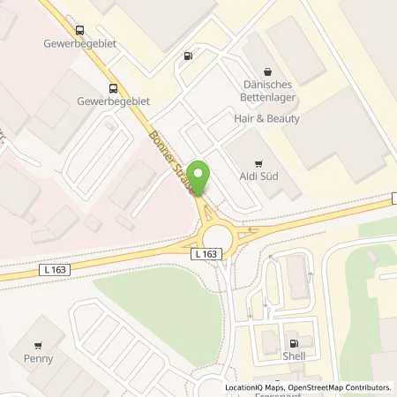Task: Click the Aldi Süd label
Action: click(258, 179)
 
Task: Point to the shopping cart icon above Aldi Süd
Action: click(258, 163)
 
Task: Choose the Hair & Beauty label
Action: click(266, 118)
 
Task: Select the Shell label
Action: click(295, 357)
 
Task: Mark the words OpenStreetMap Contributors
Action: click(340, 387)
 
